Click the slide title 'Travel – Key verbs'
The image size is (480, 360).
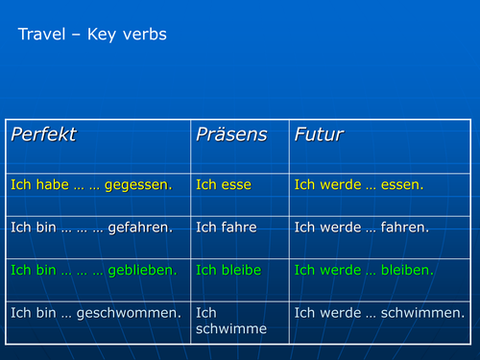tap(92, 36)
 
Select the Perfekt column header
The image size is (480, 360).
tap(43, 135)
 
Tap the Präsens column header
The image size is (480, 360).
tap(231, 135)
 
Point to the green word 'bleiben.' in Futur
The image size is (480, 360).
tap(407, 270)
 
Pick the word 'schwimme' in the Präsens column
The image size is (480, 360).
tap(230, 329)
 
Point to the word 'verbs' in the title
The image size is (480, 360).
tap(144, 36)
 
